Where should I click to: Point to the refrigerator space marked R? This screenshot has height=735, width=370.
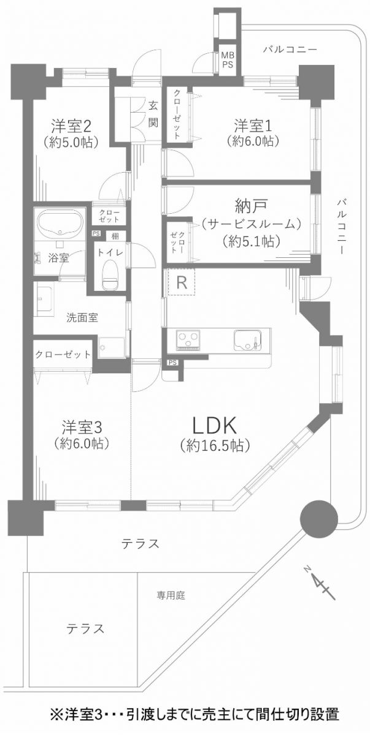point(181,282)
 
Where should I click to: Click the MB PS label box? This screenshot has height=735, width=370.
point(228,60)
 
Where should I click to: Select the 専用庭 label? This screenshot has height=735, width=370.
point(170,594)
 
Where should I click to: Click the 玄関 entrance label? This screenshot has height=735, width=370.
point(153,113)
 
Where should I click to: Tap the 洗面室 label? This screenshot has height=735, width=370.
point(83,318)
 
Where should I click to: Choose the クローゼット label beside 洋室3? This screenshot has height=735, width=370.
point(63,354)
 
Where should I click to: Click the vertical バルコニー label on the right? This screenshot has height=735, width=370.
point(342,227)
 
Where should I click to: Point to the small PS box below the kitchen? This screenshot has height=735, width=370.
point(172,362)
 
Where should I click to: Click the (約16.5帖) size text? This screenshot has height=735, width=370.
point(215,446)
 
